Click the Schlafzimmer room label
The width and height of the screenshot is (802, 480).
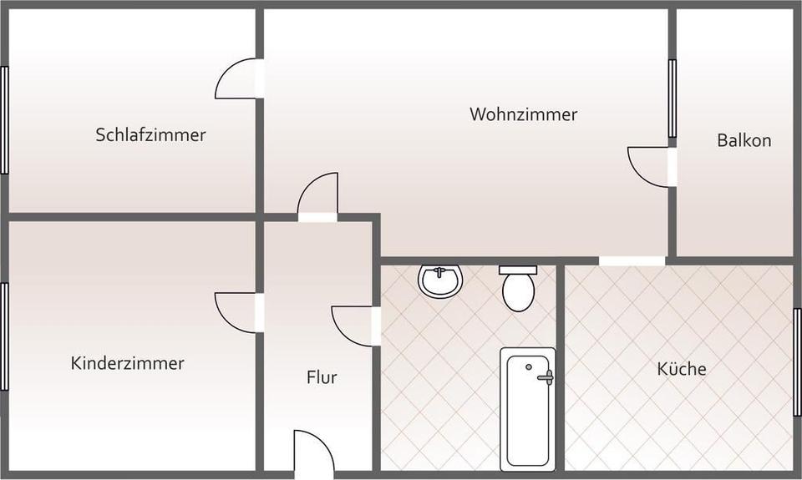[150, 134]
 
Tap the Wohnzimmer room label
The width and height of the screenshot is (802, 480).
[523, 114]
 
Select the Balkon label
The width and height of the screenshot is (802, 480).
[744, 140]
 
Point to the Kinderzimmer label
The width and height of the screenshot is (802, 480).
[127, 363]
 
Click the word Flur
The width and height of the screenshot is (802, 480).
[322, 377]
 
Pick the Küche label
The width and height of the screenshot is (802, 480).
[682, 368]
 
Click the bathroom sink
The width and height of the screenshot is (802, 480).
[440, 280]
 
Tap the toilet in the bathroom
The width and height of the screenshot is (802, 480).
[519, 288]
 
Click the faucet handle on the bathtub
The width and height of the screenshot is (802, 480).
[546, 377]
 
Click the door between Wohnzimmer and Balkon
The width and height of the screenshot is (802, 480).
[649, 167]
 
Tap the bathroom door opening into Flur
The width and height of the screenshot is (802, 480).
[354, 326]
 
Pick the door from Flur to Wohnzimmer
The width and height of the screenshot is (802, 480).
[318, 195]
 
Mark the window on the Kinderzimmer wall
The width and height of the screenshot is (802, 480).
[4, 336]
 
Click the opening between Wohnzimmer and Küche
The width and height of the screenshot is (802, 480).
[632, 260]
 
